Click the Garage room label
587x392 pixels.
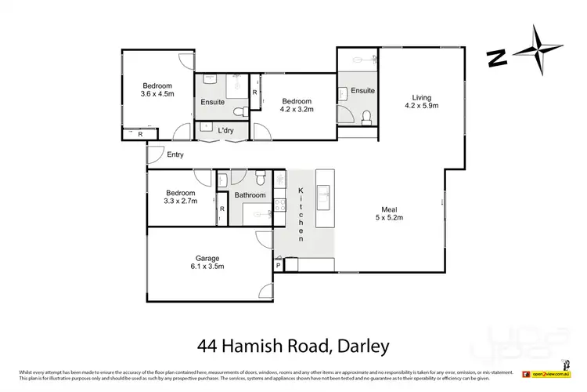click(x=207, y=258)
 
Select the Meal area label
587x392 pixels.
click(x=389, y=209)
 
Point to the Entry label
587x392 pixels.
click(x=175, y=155)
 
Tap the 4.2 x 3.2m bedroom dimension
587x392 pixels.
click(x=297, y=111)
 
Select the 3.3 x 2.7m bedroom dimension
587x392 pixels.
click(x=179, y=201)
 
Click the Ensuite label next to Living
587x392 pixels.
click(x=362, y=91)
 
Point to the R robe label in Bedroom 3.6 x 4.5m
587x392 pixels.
click(x=140, y=134)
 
